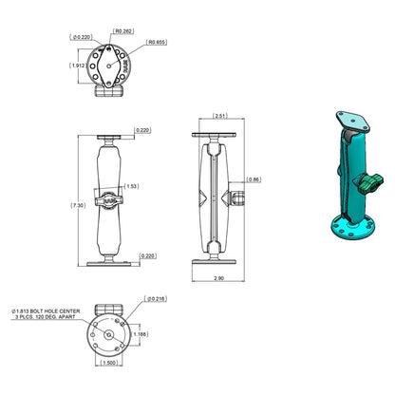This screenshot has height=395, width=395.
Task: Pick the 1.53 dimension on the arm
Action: point(132,187)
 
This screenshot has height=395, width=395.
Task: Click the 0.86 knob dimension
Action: point(254,179)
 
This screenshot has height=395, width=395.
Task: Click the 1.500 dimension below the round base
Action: point(112,362)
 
